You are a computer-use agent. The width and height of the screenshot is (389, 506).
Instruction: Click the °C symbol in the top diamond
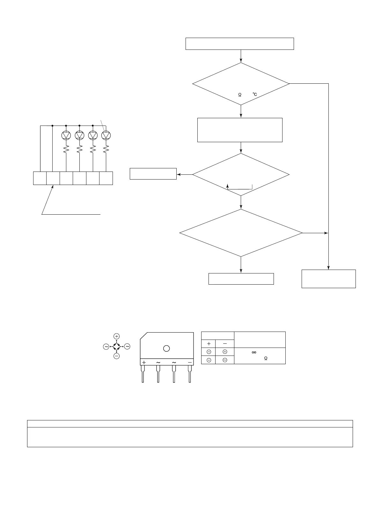pyautogui.click(x=255, y=95)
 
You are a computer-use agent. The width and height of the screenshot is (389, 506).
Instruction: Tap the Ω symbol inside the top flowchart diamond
pyautogui.click(x=240, y=95)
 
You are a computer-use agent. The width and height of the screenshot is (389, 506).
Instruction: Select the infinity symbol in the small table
pyautogui.click(x=254, y=352)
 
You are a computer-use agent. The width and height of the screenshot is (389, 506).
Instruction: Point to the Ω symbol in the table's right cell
pyautogui.click(x=266, y=359)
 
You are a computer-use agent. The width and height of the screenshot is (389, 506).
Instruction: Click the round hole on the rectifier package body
pyautogui.click(x=166, y=349)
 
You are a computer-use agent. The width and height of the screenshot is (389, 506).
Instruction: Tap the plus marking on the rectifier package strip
pyautogui.click(x=144, y=363)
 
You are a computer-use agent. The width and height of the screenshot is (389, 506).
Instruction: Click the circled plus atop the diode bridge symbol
pyautogui.click(x=117, y=336)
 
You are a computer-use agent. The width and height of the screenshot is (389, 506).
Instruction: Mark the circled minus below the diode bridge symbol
pyautogui.click(x=117, y=356)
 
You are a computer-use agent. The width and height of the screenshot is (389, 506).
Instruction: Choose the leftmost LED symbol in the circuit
pyautogui.click(x=66, y=135)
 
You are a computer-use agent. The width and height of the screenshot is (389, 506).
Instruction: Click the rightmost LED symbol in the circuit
pyautogui.click(x=106, y=135)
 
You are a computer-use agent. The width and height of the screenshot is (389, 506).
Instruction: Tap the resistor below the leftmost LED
pyautogui.click(x=66, y=149)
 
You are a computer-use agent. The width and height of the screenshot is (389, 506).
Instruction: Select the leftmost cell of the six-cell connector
pyautogui.click(x=40, y=178)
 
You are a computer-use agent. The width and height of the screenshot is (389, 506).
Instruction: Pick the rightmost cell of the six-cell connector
pyautogui.click(x=106, y=178)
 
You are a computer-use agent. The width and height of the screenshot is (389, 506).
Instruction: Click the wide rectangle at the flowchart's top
pyautogui.click(x=239, y=44)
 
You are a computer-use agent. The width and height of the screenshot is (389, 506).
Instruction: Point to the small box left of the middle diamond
pyautogui.click(x=153, y=174)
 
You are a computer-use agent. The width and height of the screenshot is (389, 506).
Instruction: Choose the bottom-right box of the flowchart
pyautogui.click(x=328, y=279)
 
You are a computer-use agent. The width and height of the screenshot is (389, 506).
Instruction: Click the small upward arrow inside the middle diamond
pyautogui.click(x=227, y=186)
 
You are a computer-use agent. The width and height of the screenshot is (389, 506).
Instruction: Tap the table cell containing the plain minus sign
pyautogui.click(x=225, y=344)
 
